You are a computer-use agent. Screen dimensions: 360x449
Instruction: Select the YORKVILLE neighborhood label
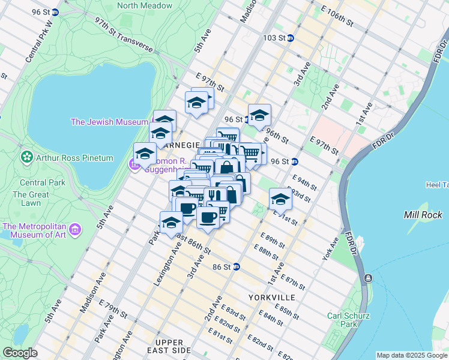[x=271, y=298]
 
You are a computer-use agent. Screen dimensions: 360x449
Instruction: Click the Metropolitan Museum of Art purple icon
[x=75, y=229]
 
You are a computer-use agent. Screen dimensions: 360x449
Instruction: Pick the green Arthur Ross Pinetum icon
[x=26, y=158]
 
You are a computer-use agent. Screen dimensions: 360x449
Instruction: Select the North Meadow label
[x=145, y=5]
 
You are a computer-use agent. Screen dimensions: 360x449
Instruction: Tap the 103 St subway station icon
[x=291, y=37]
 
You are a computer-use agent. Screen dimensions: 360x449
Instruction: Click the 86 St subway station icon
[x=237, y=266]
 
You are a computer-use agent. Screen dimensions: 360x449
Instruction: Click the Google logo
[x=20, y=353]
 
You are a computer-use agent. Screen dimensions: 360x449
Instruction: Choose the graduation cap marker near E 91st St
[x=280, y=199]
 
